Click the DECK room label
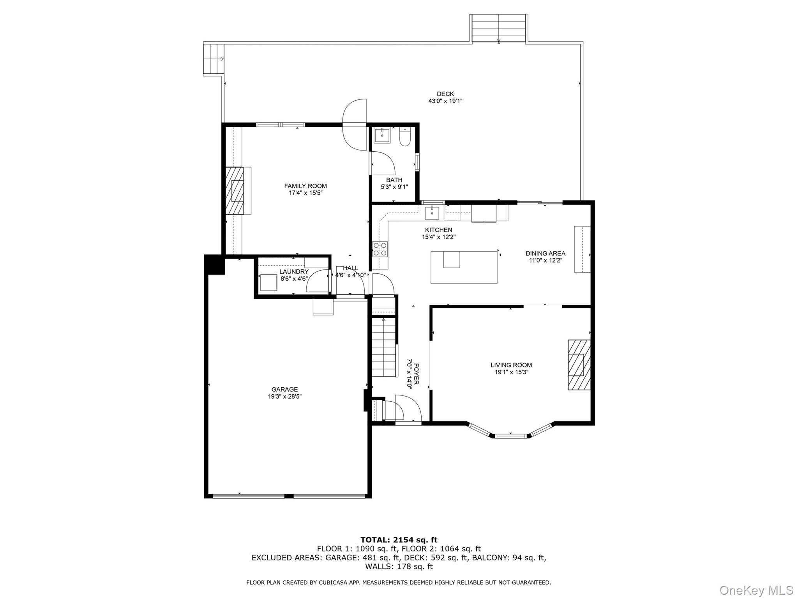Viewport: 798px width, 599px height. [x=445, y=94]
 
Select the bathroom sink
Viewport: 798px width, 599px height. [x=382, y=135]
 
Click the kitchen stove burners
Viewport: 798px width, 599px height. [x=380, y=249]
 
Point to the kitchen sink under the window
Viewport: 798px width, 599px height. [x=432, y=213]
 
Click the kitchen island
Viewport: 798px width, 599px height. [x=464, y=267]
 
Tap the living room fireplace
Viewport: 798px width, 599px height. [x=578, y=365]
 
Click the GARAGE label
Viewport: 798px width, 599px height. [x=284, y=389]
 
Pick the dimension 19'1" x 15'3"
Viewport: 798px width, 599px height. [x=511, y=372]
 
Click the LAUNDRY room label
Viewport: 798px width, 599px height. [x=294, y=272]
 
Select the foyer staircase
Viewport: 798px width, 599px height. [x=384, y=347]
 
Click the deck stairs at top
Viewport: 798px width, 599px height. [x=499, y=28]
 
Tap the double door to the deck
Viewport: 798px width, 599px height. [x=355, y=125]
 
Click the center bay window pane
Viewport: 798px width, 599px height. [x=511, y=436]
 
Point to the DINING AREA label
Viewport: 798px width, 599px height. [x=545, y=253]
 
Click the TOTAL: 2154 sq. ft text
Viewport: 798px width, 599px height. [x=399, y=540]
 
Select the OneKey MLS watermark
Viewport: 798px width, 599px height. [x=756, y=590]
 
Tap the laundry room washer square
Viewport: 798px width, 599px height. [x=268, y=283]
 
